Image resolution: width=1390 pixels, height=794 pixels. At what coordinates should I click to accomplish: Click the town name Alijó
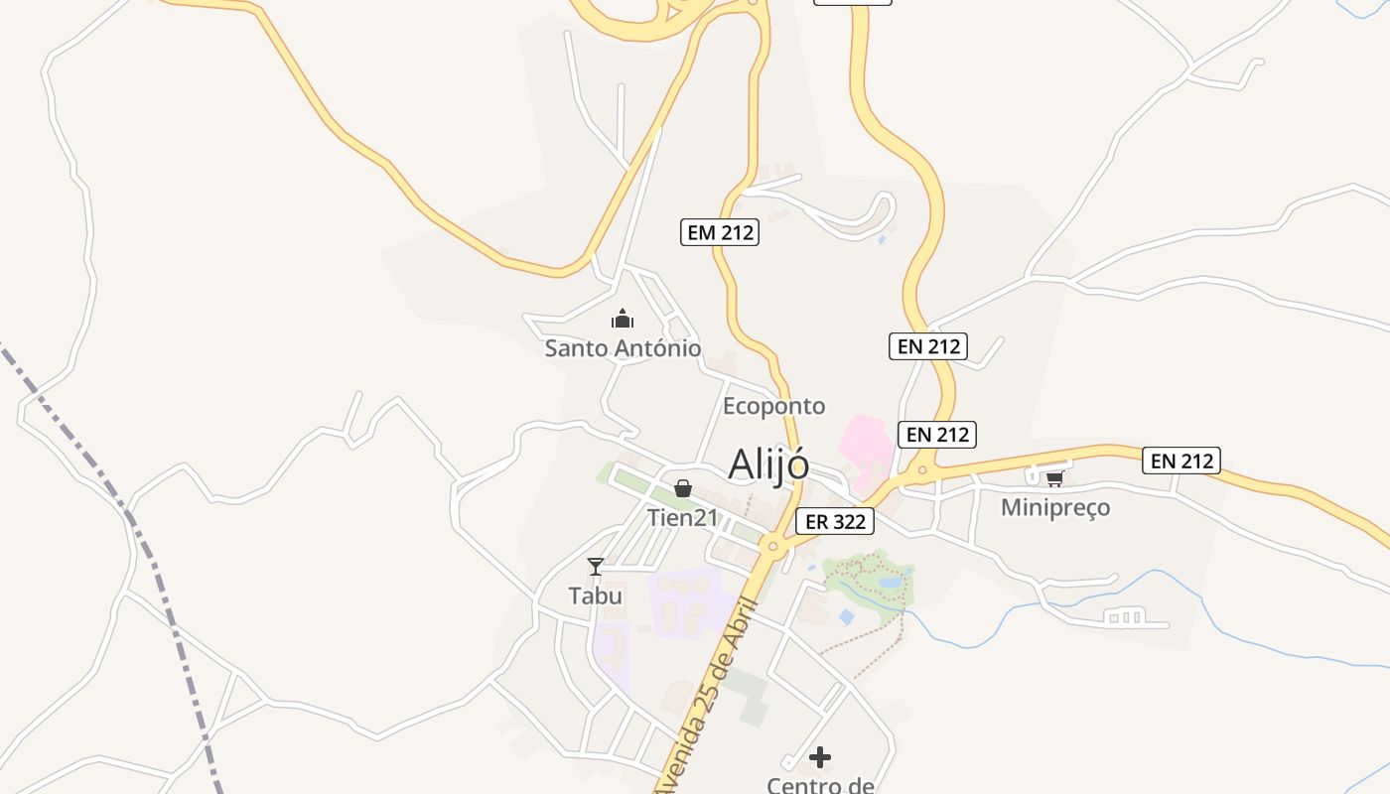(x=768, y=463)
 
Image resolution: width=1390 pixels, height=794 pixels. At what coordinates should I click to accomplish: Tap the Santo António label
(x=623, y=348)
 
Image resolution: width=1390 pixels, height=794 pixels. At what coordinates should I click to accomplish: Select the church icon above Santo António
(x=623, y=319)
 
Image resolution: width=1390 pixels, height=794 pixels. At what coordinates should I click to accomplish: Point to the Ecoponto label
(x=773, y=406)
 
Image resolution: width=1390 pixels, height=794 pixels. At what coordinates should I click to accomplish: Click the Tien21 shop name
(x=682, y=517)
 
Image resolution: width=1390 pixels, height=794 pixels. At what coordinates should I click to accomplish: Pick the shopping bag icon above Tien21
(x=683, y=488)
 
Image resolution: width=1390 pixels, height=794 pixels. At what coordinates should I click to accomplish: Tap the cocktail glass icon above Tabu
(x=596, y=567)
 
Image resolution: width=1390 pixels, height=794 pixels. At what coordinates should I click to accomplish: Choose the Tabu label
(x=596, y=595)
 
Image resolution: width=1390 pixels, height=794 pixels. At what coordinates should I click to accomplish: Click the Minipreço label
(x=1055, y=508)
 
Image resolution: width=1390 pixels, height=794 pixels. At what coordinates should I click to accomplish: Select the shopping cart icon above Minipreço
(x=1054, y=478)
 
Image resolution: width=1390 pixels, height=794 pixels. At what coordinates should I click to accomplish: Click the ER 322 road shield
(x=835, y=521)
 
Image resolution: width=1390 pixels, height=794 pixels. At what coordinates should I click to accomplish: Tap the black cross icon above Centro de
(x=820, y=758)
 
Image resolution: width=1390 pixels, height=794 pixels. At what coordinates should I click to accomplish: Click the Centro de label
(x=820, y=785)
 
